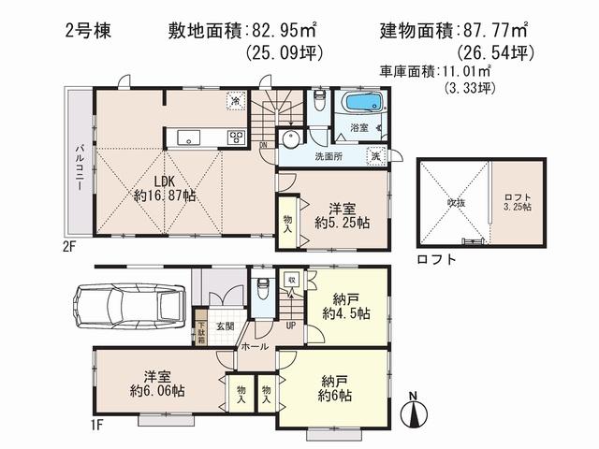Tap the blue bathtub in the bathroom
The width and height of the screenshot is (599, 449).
coord(361,102)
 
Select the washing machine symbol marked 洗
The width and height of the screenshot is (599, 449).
coord(376,157)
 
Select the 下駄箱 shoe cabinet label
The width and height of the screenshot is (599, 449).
coord(200,332)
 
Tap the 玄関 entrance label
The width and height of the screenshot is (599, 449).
coord(226,326)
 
